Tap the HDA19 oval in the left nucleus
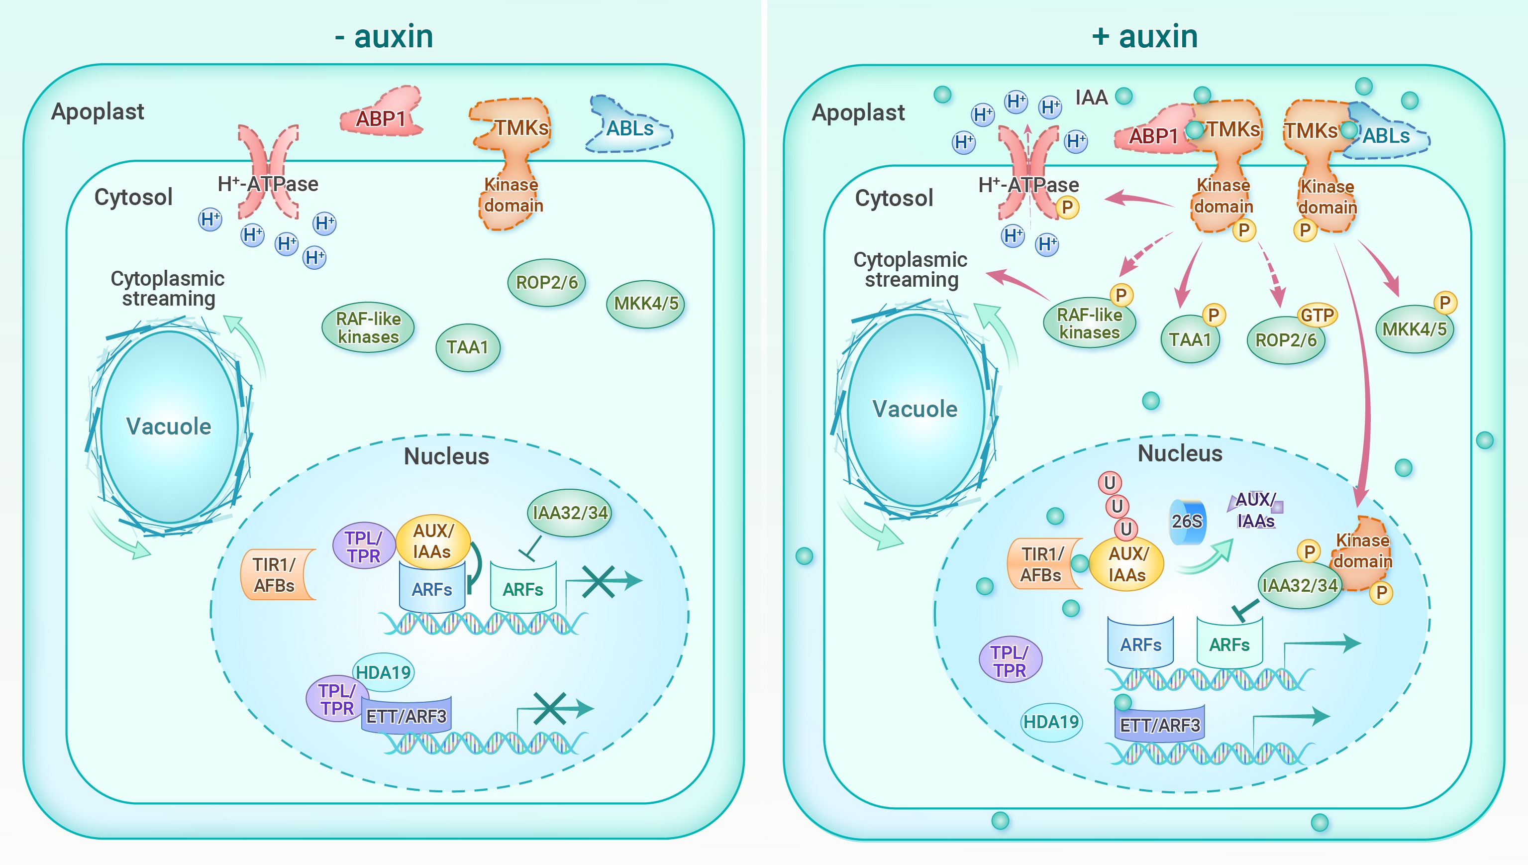[x=383, y=672]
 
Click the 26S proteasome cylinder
[x=1187, y=521]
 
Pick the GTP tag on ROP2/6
[x=1317, y=315]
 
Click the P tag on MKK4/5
[x=1444, y=303]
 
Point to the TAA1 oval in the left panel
[x=467, y=347]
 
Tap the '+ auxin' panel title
[x=1144, y=36]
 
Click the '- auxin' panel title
[x=384, y=36]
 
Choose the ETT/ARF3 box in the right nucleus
[x=1159, y=725]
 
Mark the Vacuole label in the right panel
[x=915, y=409]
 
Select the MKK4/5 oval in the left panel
[x=645, y=304]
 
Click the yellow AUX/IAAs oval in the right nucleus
[x=1126, y=564]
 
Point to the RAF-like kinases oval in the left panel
[x=368, y=327]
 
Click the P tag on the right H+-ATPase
[x=1067, y=208]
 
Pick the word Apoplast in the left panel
[x=98, y=111]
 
